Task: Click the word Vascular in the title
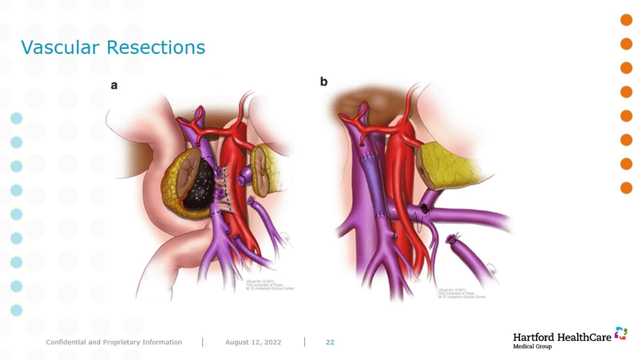tap(60, 47)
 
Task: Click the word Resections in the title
tap(156, 47)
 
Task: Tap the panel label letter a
tap(114, 85)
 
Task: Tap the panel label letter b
tap(324, 82)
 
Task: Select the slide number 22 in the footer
tap(330, 342)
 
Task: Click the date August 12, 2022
tap(253, 342)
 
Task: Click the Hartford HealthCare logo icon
tap(621, 333)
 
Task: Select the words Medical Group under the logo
tap(532, 346)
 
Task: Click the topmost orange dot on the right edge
tap(626, 20)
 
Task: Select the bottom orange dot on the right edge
tap(626, 188)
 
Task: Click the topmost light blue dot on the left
tap(16, 118)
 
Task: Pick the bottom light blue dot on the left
tap(16, 310)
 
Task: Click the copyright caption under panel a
tap(270, 285)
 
